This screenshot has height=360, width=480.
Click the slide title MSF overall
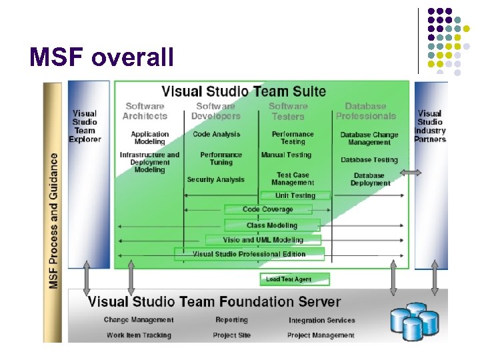pyautogui.click(x=101, y=57)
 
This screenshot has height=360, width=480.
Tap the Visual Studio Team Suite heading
pyautogui.click(x=244, y=91)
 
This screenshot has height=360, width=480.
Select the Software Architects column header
pyautogui.click(x=145, y=111)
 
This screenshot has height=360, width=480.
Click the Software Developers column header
pyautogui.click(x=215, y=111)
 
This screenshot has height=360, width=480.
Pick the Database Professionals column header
pyautogui.click(x=365, y=111)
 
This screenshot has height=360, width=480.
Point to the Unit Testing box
pyautogui.click(x=295, y=195)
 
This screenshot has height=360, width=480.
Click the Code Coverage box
pyautogui.click(x=267, y=209)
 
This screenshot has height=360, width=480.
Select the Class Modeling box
pyautogui.click(x=272, y=225)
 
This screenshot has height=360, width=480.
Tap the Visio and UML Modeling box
pyautogui.click(x=263, y=240)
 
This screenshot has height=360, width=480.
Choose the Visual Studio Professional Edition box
pyautogui.click(x=249, y=254)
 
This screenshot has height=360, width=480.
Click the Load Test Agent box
pyautogui.click(x=285, y=279)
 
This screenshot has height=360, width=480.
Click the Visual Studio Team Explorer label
pyautogui.click(x=85, y=127)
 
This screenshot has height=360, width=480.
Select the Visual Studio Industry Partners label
pyautogui.click(x=430, y=127)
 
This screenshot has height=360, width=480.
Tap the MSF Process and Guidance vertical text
pyautogui.click(x=53, y=220)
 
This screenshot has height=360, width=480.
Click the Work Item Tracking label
pyautogui.click(x=139, y=335)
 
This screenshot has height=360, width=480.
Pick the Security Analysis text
pyautogui.click(x=215, y=179)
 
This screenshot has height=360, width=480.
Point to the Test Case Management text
pyautogui.click(x=292, y=179)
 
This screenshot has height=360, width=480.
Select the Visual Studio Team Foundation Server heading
pyautogui.click(x=214, y=302)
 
